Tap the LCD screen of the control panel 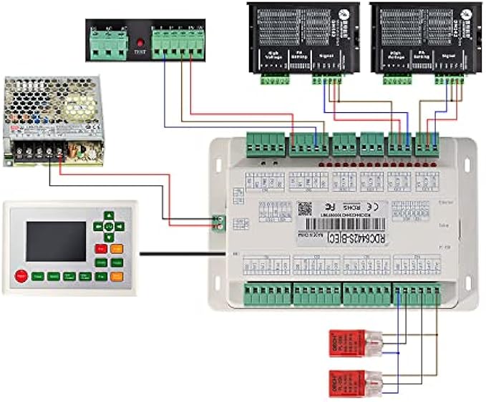click(x=55, y=241)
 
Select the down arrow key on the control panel click(x=108, y=237)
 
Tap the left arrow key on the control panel click(x=97, y=226)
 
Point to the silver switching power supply click(x=52, y=118)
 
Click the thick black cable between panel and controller click(x=179, y=253)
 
